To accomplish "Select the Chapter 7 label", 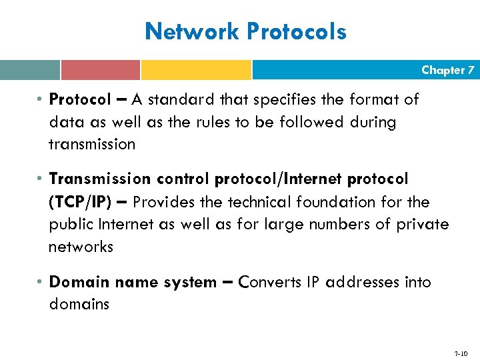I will tap(447, 70).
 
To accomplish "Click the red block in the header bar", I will tap(100, 70).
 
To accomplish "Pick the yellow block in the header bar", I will tap(196, 70).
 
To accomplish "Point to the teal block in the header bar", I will tap(29, 70).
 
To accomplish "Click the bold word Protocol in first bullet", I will tap(80, 100).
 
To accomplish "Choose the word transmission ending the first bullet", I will tap(92, 144).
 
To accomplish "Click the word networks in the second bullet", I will tap(81, 247).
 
